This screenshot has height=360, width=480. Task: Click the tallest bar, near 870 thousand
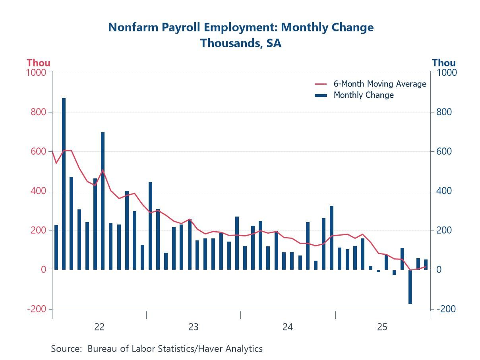(x=64, y=183)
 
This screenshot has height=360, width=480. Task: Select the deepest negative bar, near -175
(x=410, y=287)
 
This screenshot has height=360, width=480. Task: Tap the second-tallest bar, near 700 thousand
(x=103, y=201)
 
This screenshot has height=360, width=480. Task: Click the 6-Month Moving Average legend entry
(x=379, y=84)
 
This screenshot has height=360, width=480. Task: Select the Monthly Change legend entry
(x=363, y=95)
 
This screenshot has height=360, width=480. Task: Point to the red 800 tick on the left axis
(x=39, y=112)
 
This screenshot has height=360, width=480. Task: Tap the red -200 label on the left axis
(x=37, y=309)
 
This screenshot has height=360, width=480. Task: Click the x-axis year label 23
(x=193, y=327)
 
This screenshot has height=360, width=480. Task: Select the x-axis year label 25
(x=382, y=327)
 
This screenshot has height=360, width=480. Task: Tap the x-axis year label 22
(x=99, y=327)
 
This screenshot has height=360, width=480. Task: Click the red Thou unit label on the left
(x=39, y=63)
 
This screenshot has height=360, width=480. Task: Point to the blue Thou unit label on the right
(x=443, y=63)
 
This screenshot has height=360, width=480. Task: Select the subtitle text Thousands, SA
(x=240, y=43)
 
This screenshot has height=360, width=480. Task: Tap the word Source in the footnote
(x=66, y=348)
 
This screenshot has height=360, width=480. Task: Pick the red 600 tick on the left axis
(x=39, y=151)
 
